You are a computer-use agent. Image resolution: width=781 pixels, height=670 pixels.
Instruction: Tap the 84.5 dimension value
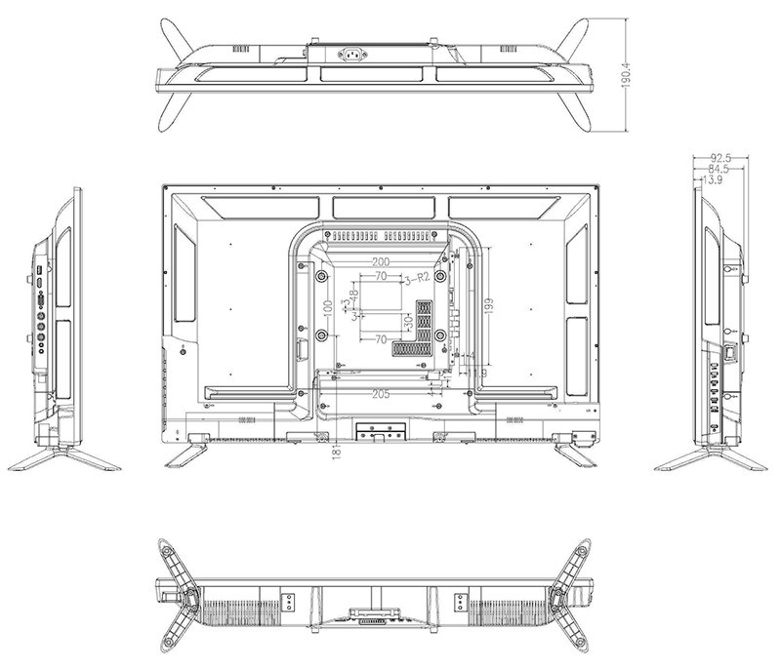click(719, 169)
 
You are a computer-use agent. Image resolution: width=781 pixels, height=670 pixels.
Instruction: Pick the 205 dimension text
click(382, 393)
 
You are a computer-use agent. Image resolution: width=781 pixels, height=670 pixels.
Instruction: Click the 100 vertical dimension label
click(328, 305)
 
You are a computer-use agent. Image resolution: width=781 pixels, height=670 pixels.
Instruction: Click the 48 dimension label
click(354, 294)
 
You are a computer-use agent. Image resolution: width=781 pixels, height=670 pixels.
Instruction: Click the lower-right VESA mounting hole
click(441, 335)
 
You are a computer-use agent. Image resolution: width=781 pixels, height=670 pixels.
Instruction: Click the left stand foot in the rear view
click(185, 452)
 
